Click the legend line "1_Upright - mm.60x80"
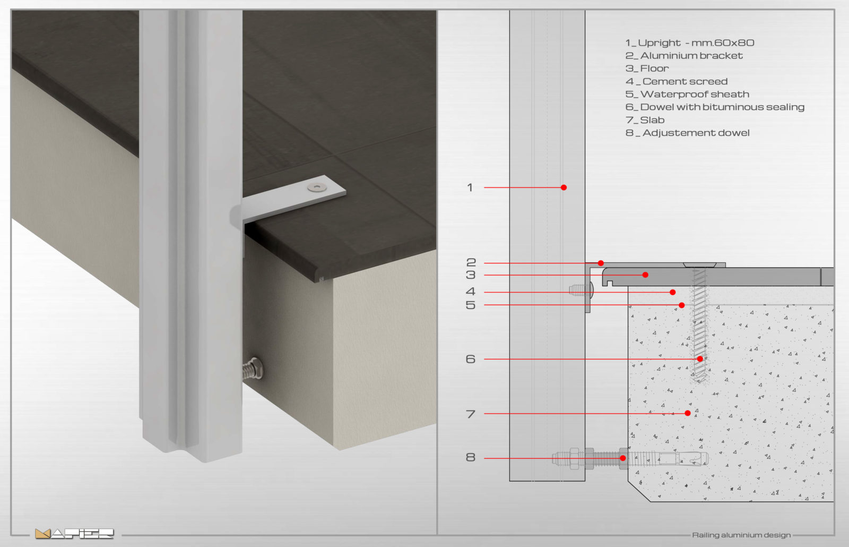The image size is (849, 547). click(689, 43)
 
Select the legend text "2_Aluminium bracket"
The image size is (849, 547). click(684, 56)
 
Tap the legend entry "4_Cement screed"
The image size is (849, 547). click(677, 82)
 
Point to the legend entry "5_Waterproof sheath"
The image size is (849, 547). click(687, 95)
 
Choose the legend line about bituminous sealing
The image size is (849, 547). click(715, 107)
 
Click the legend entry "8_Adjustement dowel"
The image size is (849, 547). click(687, 133)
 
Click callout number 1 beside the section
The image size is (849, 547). click(470, 187)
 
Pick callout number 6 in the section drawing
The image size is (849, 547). click(470, 359)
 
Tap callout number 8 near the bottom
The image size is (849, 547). click(470, 457)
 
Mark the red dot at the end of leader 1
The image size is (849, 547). click(564, 187)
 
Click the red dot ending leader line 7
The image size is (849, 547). click(688, 413)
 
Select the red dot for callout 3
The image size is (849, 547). click(645, 275)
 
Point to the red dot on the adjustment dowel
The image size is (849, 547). click(623, 458)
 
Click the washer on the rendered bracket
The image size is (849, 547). click(317, 187)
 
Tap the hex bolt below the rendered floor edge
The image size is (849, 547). click(253, 369)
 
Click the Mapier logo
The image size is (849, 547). click(74, 533)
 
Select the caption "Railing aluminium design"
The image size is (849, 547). click(741, 535)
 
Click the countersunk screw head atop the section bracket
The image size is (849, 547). click(700, 265)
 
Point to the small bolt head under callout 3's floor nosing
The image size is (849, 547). click(581, 290)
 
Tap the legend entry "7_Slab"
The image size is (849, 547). click(645, 120)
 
